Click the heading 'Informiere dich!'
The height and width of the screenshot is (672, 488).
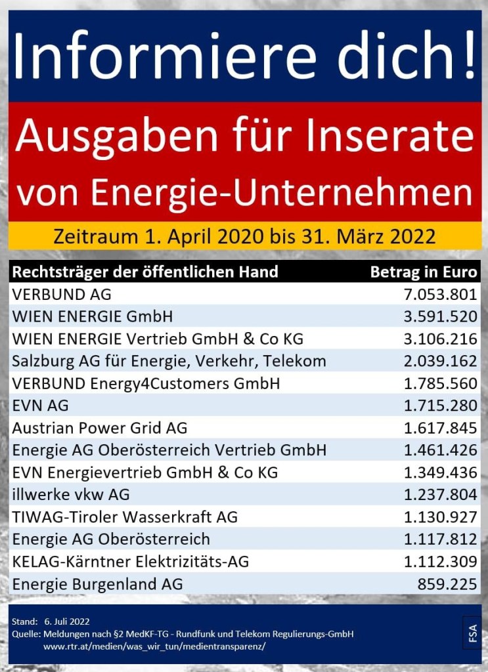(244, 54)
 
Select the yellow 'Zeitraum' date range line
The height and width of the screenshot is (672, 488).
(244, 236)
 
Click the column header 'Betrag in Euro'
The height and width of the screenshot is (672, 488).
(424, 272)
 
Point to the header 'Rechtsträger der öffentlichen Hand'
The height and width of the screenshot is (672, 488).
(145, 272)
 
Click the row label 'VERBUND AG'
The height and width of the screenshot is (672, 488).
(62, 295)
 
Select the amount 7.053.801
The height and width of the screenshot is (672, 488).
(441, 295)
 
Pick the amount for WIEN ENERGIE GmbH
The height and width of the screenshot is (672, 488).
(441, 317)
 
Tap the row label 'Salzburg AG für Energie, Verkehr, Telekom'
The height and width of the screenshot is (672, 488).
(169, 362)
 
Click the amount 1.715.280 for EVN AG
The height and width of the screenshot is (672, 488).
(441, 406)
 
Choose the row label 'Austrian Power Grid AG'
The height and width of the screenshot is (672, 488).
(99, 428)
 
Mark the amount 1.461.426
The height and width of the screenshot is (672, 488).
(441, 450)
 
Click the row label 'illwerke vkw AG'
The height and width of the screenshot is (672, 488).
(71, 495)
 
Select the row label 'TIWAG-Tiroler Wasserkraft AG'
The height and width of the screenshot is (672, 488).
(125, 517)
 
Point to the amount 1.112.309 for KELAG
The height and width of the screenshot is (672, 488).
(441, 562)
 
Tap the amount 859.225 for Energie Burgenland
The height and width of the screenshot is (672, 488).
(447, 583)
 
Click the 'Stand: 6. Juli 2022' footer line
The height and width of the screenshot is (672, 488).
(51, 621)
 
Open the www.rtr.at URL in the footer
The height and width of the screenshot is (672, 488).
(154, 646)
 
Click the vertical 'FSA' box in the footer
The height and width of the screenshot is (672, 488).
(472, 633)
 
